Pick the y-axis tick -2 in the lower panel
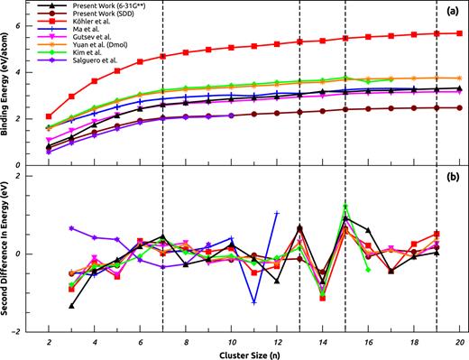(x=19, y=331)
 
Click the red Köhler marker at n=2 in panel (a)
(x=49, y=116)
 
